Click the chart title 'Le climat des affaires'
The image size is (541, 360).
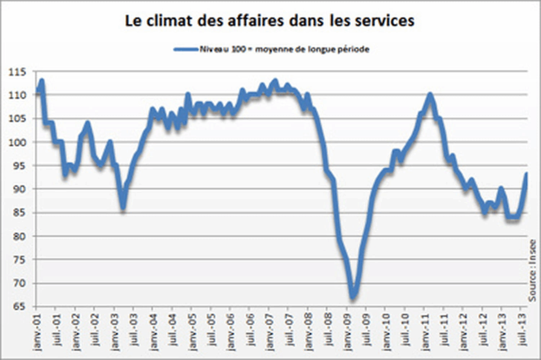pyautogui.click(x=269, y=22)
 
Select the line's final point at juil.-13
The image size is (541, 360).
pyautogui.click(x=527, y=174)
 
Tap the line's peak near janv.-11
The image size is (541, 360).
pyautogui.click(x=430, y=95)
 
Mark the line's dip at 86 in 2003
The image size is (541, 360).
pyautogui.click(x=123, y=208)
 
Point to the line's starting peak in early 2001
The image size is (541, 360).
pyautogui.click(x=41, y=81)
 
